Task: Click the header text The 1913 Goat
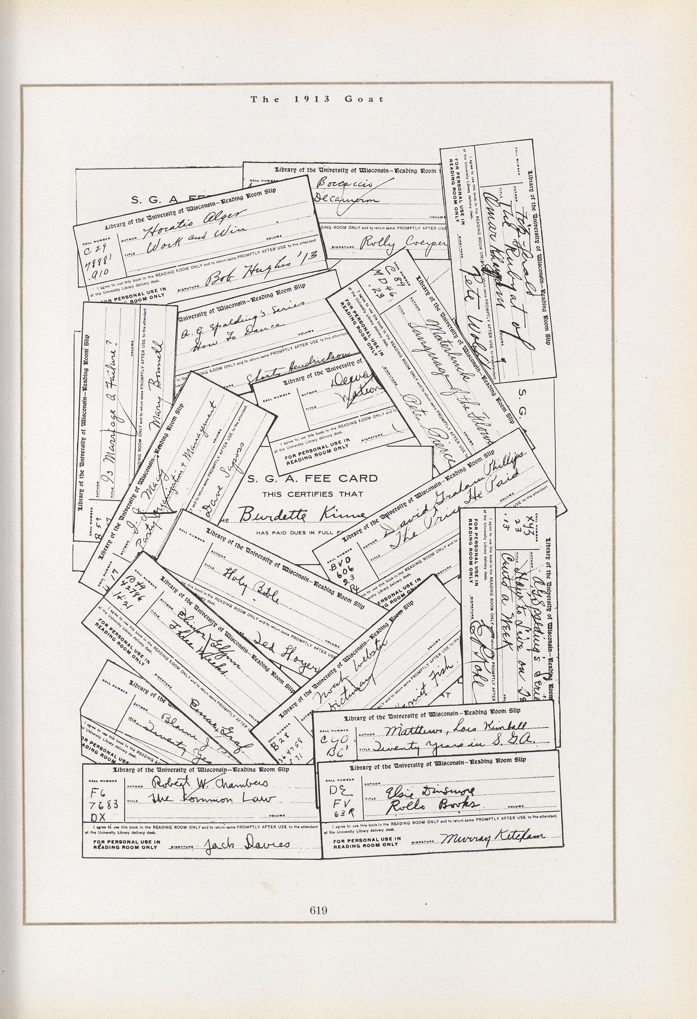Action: [x=317, y=99]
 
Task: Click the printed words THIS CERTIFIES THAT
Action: [x=312, y=494]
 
